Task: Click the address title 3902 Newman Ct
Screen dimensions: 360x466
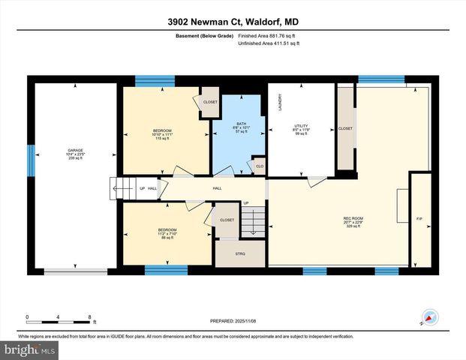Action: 233,22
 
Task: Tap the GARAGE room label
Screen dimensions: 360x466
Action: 74,150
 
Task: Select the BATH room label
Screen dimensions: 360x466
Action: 241,124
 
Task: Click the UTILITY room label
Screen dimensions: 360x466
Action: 301,125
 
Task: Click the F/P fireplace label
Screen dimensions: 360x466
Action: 419,218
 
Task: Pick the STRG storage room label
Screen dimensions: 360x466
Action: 240,253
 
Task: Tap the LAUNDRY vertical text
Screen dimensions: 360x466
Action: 280,102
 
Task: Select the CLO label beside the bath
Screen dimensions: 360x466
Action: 260,166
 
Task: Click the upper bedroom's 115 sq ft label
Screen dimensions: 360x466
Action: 163,139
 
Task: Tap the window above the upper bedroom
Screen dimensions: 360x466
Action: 155,81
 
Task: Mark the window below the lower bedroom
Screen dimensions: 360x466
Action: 165,271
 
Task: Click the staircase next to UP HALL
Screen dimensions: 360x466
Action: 120,187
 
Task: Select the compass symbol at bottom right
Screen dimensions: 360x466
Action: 429,317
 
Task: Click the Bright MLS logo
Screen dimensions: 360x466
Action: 29,349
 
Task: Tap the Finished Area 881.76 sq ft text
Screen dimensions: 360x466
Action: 269,35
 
